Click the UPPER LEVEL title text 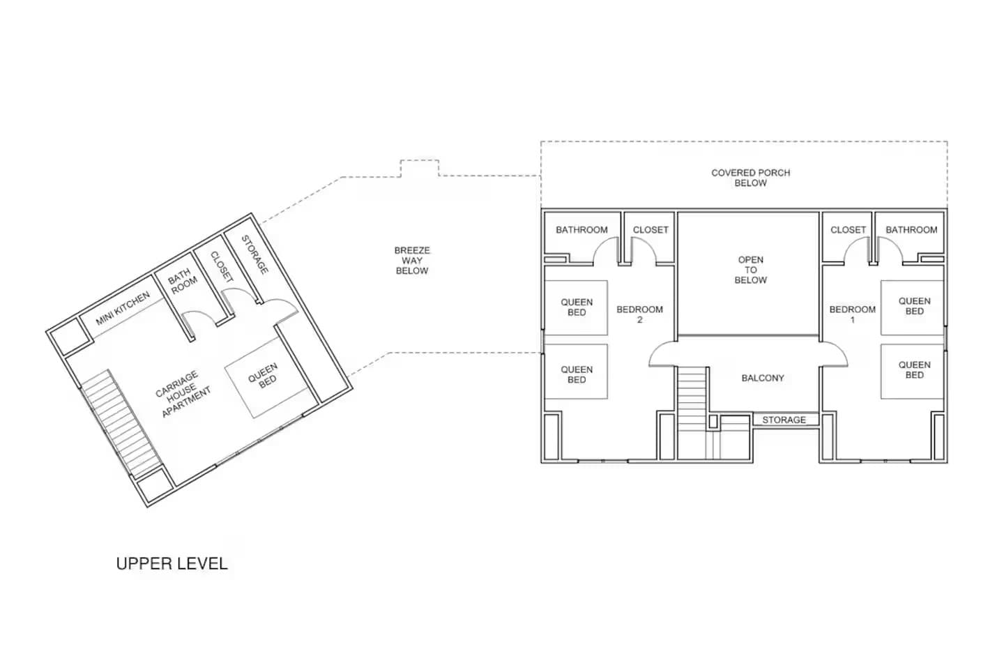click(172, 563)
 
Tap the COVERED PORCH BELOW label click(750, 178)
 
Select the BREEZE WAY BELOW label click(412, 260)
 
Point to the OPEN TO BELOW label click(750, 270)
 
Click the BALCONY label click(762, 378)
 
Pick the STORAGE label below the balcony click(784, 420)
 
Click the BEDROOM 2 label click(639, 314)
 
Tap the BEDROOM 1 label click(852, 314)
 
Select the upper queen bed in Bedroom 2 click(576, 307)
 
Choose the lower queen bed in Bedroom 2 click(576, 374)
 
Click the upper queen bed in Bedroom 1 click(913, 306)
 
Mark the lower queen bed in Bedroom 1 click(913, 369)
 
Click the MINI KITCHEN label click(123, 309)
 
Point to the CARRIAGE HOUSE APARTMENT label click(181, 395)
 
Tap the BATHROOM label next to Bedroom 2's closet click(581, 229)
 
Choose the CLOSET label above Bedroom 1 click(848, 229)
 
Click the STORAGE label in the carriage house click(254, 254)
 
